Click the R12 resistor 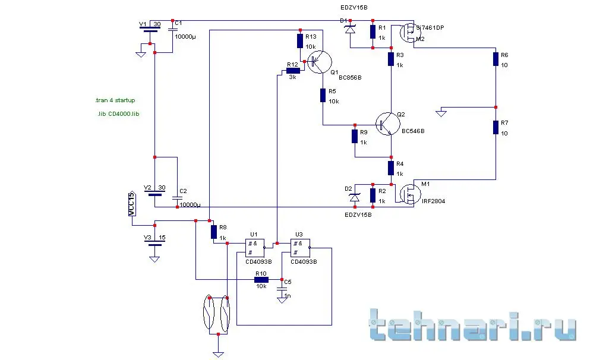coord(293,70)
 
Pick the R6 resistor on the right coord(495,59)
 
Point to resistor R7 coord(495,127)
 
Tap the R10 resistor coord(261,279)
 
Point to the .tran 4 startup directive coord(115,100)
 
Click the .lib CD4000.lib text coord(118,113)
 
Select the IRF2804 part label coord(434,201)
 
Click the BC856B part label coord(351,77)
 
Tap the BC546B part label coord(414,131)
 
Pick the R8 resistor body coord(213,232)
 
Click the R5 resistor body coord(323,95)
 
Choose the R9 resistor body coord(355,136)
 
